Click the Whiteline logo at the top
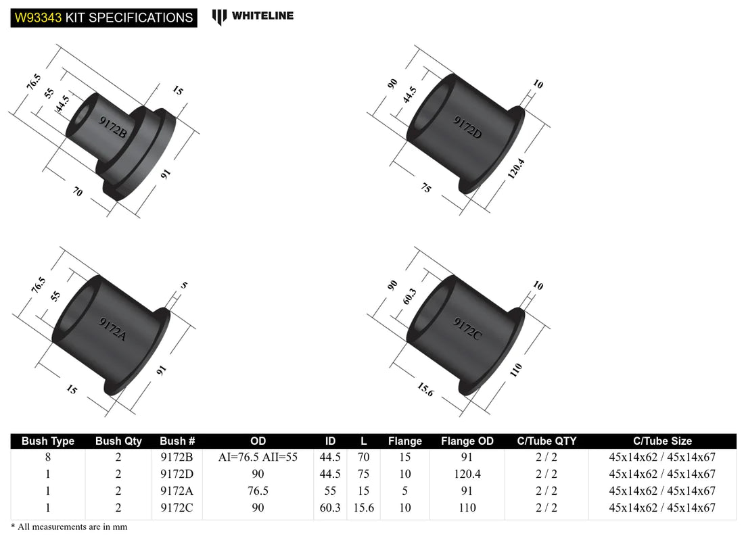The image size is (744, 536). (253, 16)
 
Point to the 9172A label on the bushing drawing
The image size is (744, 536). (112, 328)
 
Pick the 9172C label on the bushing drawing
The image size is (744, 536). (467, 328)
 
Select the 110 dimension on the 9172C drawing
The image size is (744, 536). (516, 370)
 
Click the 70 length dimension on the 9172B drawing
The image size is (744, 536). (77, 192)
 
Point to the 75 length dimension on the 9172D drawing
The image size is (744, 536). (425, 189)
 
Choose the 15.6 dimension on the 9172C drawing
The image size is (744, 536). (424, 389)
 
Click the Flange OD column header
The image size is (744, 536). (467, 441)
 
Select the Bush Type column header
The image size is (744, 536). (48, 441)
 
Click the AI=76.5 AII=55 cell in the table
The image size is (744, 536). (258, 457)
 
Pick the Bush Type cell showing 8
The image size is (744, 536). (48, 457)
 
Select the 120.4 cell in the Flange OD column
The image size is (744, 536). (467, 474)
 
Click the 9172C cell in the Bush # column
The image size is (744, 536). (177, 508)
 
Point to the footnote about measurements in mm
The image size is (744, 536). (69, 527)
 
